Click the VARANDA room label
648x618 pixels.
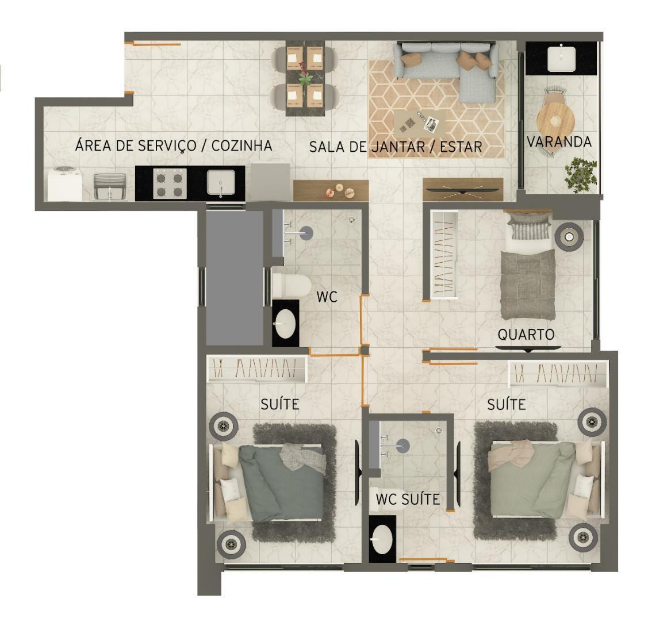559,141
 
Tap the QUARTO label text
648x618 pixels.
526,334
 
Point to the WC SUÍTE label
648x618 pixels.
408,499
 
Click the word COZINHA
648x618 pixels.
241,145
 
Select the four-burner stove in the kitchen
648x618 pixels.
170,183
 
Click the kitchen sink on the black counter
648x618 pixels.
221,182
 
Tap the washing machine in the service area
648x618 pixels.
65,183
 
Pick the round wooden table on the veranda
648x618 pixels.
555,120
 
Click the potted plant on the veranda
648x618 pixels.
581,175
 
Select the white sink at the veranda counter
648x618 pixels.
562,59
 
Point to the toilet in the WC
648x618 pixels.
292,285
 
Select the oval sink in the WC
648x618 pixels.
285,324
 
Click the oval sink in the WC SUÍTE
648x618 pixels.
382,539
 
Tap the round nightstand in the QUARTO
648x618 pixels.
569,237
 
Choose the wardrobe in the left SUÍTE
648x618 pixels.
256,369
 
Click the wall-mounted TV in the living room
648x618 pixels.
463,190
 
